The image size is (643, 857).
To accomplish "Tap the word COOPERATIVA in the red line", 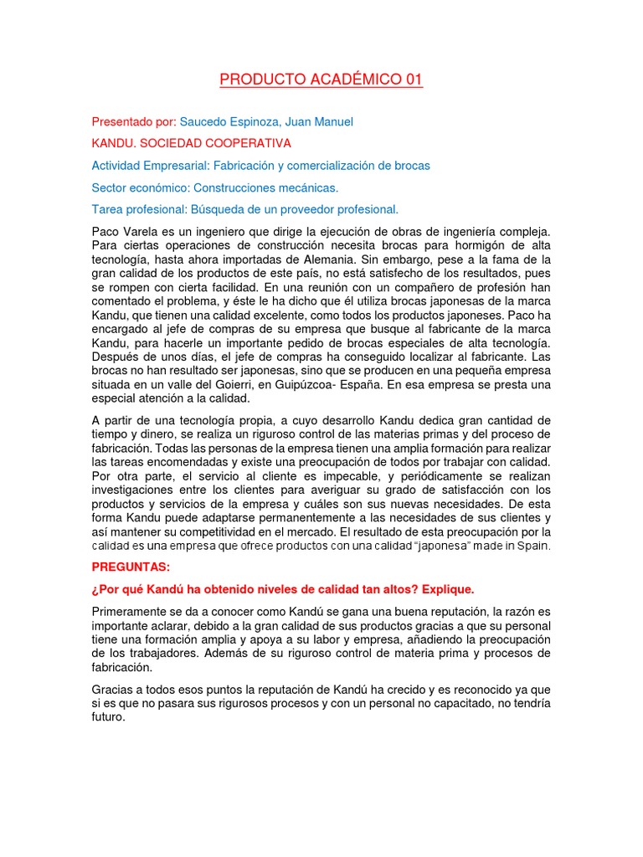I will [x=244, y=144].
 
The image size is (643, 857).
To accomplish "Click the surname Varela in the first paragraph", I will [x=142, y=231].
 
